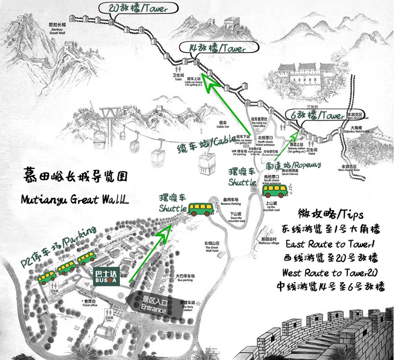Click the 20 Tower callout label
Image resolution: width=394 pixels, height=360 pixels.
pyautogui.click(x=139, y=8)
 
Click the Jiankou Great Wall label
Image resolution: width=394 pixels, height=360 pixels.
pyautogui.click(x=57, y=29)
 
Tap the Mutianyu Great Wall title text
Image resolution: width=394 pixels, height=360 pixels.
pyautogui.click(x=75, y=200)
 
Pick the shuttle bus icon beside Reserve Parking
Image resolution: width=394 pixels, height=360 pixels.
pyautogui.click(x=201, y=209)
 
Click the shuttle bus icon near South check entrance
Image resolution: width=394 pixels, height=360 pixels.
pyautogui.click(x=275, y=190)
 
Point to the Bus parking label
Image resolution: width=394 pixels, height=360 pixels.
pyautogui.click(x=185, y=278)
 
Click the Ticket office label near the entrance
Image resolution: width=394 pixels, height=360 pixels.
pyautogui.click(x=90, y=304)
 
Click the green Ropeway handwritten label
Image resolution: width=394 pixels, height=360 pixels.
pyautogui.click(x=293, y=166)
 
